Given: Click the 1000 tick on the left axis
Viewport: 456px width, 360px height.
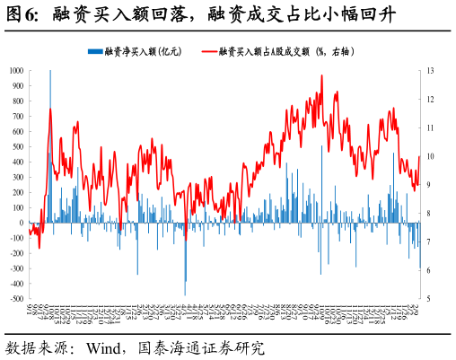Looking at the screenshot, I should (x=16, y=71).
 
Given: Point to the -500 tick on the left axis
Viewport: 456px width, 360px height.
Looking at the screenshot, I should (x=16, y=299).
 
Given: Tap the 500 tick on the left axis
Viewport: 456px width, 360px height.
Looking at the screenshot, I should (x=18, y=146).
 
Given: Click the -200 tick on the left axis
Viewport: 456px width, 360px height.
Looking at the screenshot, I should (x=16, y=253).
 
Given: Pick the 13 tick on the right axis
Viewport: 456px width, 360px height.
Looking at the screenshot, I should (x=431, y=71).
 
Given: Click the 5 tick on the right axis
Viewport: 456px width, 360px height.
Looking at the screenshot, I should (x=429, y=299).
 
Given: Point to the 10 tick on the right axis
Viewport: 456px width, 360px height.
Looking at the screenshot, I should (x=431, y=156).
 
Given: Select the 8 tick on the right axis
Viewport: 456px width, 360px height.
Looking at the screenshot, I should (x=429, y=214).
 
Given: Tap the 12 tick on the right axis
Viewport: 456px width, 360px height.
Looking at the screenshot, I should (x=431, y=100).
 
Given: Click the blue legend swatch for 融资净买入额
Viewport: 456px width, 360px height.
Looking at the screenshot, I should (x=95, y=52).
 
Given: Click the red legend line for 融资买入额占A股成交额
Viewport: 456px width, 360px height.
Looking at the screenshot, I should (x=211, y=52).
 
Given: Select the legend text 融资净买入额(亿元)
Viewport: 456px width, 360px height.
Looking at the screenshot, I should (x=144, y=52).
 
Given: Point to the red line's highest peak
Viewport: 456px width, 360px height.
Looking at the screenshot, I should (x=321, y=76).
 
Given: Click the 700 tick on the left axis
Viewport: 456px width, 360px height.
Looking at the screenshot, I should (x=18, y=116).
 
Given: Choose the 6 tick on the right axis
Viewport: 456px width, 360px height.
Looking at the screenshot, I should (x=429, y=270).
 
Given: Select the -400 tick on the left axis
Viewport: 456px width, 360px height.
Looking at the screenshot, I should (x=16, y=284).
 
